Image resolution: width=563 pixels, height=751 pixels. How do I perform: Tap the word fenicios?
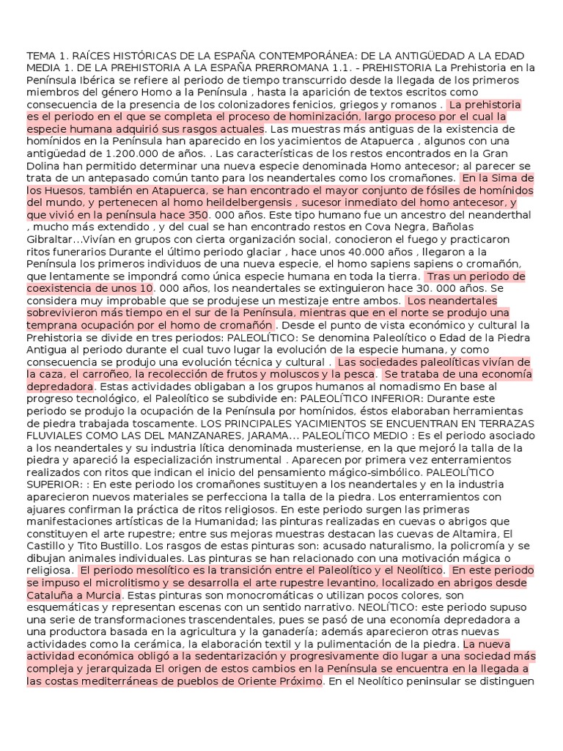pos(317,104)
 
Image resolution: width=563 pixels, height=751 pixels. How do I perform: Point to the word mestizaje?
pos(324,301)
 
